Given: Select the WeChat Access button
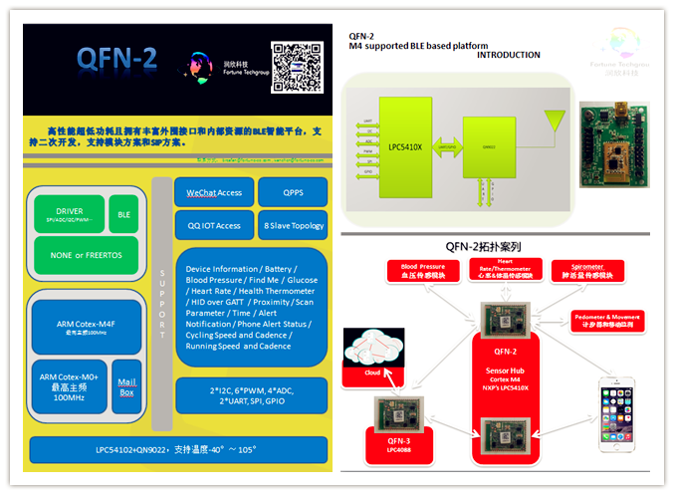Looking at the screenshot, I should point(213,193).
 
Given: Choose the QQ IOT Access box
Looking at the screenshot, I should point(213,225).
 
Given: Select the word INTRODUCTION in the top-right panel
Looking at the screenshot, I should point(509,56).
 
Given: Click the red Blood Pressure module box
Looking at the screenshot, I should point(423,271).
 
